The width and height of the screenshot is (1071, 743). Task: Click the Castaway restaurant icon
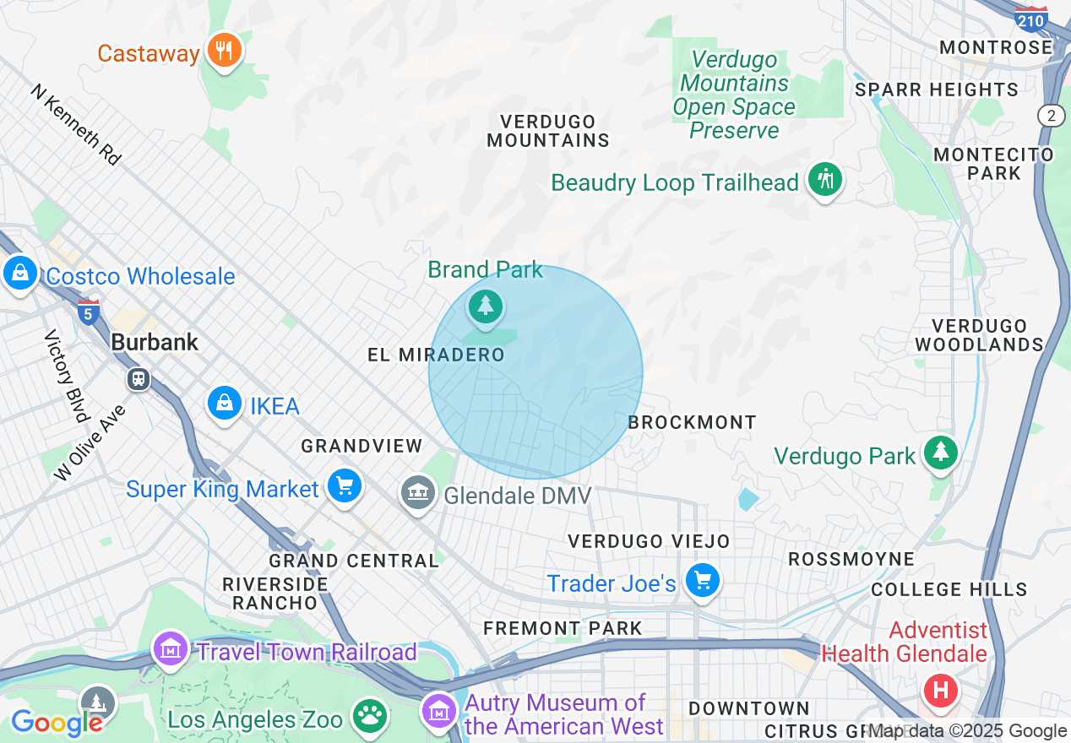(x=224, y=51)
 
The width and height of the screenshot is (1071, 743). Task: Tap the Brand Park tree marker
(x=486, y=306)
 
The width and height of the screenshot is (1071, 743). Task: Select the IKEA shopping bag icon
(x=225, y=404)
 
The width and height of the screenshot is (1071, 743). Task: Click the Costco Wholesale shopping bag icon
(x=19, y=274)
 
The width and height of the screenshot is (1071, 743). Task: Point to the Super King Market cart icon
(x=344, y=485)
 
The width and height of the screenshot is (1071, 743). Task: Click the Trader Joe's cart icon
(x=702, y=581)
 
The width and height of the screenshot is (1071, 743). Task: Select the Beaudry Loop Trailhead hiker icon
(x=824, y=180)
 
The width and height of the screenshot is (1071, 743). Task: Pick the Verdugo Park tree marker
(x=940, y=453)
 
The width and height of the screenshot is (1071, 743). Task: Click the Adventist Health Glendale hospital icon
(x=941, y=691)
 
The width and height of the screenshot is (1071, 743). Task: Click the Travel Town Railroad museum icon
(x=171, y=650)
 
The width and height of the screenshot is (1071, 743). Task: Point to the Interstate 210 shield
(x=1031, y=19)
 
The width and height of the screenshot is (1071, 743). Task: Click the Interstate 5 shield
(x=88, y=312)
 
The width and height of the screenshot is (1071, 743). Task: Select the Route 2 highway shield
(x=1051, y=117)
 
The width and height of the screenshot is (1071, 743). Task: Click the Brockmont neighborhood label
(x=692, y=422)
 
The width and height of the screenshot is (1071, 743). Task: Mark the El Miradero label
(x=436, y=355)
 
